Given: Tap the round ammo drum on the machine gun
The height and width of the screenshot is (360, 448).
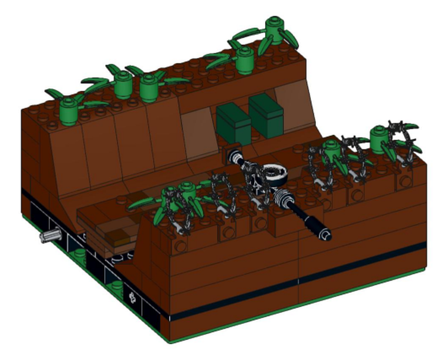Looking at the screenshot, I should (274, 174).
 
